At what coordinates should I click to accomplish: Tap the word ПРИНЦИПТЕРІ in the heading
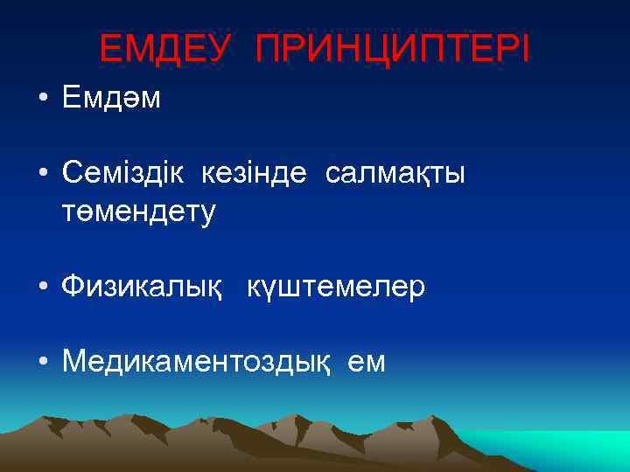[x=393, y=50]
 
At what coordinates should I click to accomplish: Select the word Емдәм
[x=111, y=99]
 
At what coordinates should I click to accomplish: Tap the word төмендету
[x=138, y=211]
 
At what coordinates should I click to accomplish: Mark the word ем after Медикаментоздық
[x=366, y=361]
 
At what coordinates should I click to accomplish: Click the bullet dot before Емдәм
[x=42, y=100]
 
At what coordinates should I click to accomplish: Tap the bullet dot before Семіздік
[x=42, y=175]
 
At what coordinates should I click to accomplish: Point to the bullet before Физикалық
[x=42, y=287]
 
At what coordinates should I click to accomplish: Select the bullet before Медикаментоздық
[x=42, y=362]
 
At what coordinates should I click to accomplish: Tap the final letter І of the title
[x=524, y=50]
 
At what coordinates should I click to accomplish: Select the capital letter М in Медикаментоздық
[x=75, y=361]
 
